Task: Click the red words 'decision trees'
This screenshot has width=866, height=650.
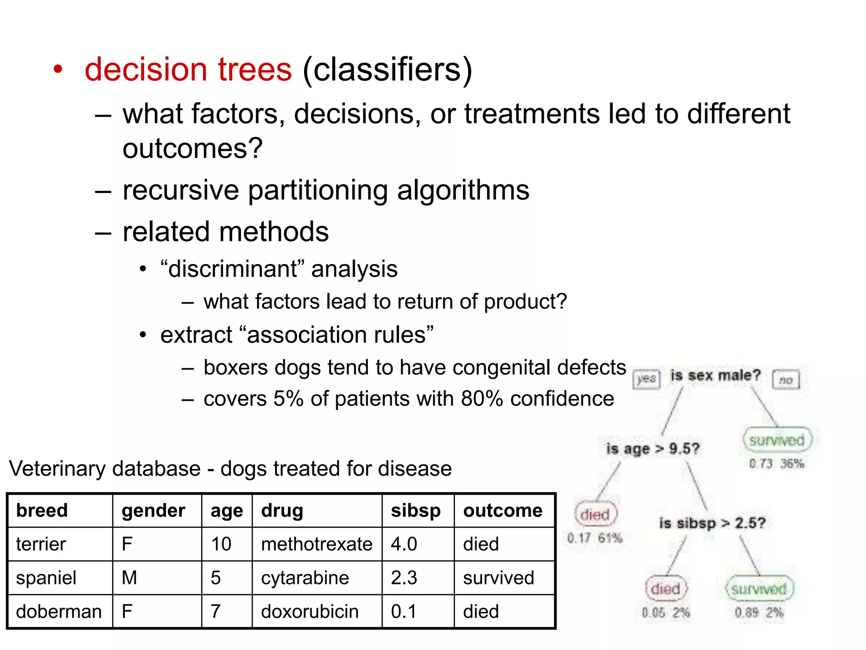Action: pos(188,69)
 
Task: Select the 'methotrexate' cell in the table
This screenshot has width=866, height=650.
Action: pos(317,544)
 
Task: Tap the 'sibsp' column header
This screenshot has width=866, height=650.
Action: pos(416,510)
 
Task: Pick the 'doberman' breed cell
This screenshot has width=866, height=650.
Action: pos(59,611)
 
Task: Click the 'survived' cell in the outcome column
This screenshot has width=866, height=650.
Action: pos(499,578)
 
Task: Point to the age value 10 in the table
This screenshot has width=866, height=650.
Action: pos(221,544)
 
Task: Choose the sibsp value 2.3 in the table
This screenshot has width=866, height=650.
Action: pos(404,578)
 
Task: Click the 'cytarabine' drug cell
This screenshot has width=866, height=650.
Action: pos(305,578)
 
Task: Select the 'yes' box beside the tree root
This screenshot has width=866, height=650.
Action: pos(646,379)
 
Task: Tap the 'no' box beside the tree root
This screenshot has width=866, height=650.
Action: pos(786,380)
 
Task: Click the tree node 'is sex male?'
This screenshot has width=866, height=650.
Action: pos(715,375)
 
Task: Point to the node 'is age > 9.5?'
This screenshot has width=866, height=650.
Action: pos(653,449)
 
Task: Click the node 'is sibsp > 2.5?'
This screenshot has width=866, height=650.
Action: pos(712,523)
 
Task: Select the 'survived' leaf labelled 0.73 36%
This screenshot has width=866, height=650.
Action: pos(777,441)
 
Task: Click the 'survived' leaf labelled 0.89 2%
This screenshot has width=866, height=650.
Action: pos(759,589)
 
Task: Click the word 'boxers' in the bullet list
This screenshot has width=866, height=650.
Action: pos(235,367)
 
